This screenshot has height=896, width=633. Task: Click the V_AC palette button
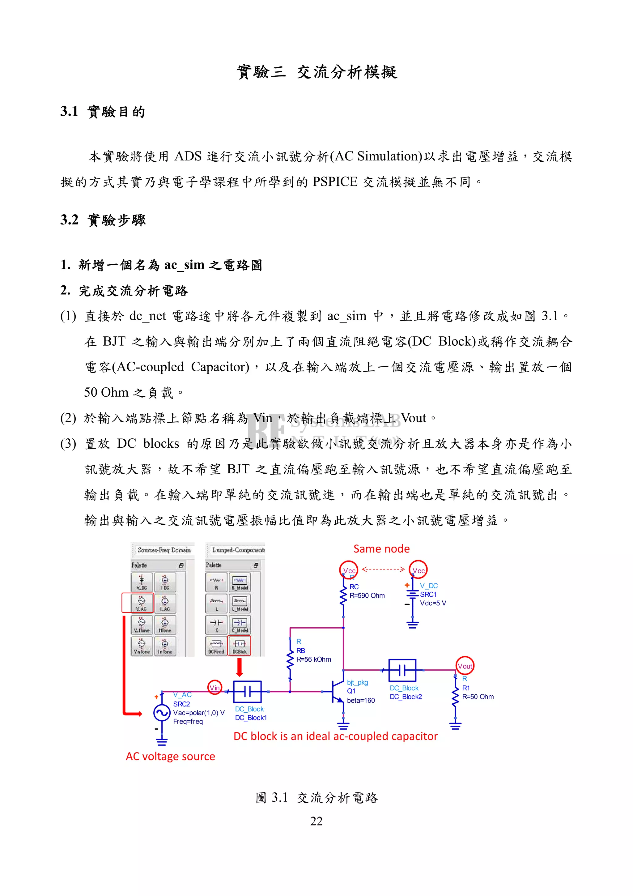(141, 603)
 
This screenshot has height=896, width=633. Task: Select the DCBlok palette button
(240, 646)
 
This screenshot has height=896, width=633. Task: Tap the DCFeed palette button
(216, 646)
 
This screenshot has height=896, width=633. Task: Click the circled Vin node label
(215, 687)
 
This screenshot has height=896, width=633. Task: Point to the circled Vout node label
(465, 666)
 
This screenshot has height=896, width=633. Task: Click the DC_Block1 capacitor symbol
(247, 692)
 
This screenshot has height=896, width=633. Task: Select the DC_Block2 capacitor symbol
(402, 670)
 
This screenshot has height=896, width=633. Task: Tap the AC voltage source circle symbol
(161, 713)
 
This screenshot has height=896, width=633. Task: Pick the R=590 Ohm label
(367, 595)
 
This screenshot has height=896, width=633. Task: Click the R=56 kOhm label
(314, 659)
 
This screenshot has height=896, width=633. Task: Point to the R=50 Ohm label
(478, 697)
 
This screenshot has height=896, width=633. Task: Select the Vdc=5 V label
(433, 603)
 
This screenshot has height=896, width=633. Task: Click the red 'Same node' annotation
(381, 549)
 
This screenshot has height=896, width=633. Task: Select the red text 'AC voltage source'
(170, 756)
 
